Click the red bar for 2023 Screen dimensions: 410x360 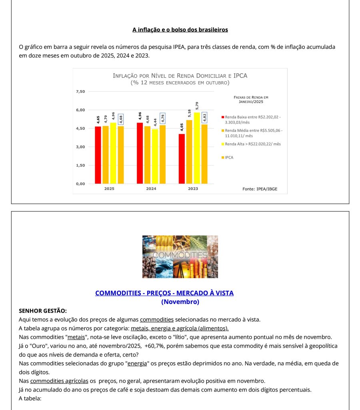[x=182, y=159]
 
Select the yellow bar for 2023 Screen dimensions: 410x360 [x=197, y=148]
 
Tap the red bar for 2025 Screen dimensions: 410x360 [x=98, y=155]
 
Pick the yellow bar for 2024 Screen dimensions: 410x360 [x=155, y=156]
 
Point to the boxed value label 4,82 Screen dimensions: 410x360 [x=204, y=118]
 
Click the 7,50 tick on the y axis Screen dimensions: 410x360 [x=80, y=92]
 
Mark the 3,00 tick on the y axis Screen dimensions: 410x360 [x=80, y=147]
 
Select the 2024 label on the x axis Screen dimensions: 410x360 [x=151, y=189]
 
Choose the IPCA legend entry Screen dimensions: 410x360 [x=229, y=158]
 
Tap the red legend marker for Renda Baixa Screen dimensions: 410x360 [x=222, y=117]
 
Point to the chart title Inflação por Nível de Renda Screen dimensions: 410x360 [x=180, y=76]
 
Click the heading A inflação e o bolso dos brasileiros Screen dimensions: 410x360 [x=180, y=30]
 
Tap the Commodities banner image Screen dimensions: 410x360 [x=180, y=257]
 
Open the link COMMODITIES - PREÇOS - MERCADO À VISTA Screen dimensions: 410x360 [x=164, y=293]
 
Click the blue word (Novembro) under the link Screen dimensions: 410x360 [x=180, y=302]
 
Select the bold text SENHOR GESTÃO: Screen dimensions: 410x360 [x=43, y=311]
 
